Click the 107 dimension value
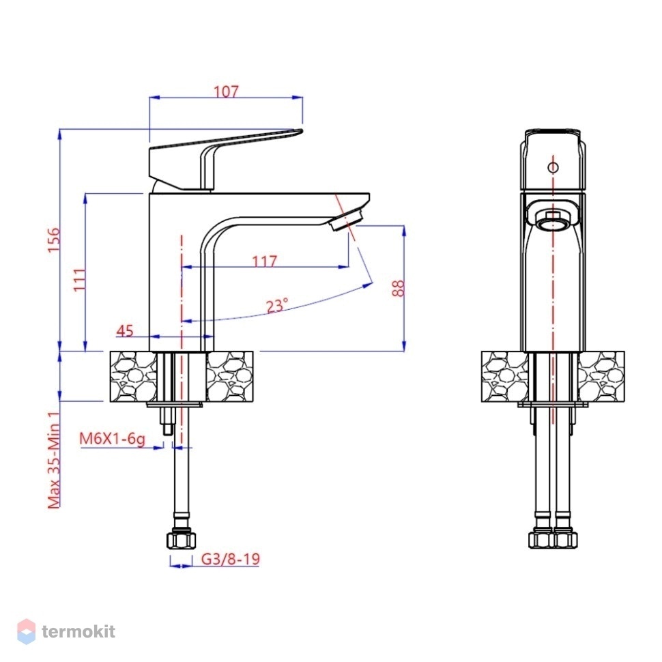point(227,91)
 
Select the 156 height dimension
point(54,240)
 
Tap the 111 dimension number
point(79,279)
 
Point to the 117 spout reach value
point(264,261)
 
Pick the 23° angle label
point(277,305)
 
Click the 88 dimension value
point(398,289)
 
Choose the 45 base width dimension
point(124,330)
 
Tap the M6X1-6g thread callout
point(113,439)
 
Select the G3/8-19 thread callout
point(230,559)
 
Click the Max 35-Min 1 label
point(54,461)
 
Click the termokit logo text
point(78,632)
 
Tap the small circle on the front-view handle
point(553,167)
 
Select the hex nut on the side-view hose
point(182,541)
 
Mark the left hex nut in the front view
point(541,540)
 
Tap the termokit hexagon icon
point(26,631)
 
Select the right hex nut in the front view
point(565,540)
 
